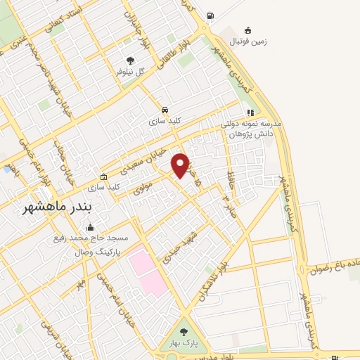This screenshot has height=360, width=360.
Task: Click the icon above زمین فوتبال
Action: (x=247, y=30)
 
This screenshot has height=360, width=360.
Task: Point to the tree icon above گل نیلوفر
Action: (x=129, y=61)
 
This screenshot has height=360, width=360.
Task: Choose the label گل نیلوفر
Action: (x=131, y=72)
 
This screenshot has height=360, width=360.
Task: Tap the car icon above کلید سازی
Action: (x=165, y=110)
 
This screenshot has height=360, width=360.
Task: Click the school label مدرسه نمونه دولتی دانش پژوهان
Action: (x=251, y=128)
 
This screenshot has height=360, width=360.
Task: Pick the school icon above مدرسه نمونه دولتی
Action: (x=250, y=112)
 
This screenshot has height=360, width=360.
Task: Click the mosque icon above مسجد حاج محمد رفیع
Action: (x=89, y=228)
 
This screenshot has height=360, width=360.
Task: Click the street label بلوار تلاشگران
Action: (x=205, y=285)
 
